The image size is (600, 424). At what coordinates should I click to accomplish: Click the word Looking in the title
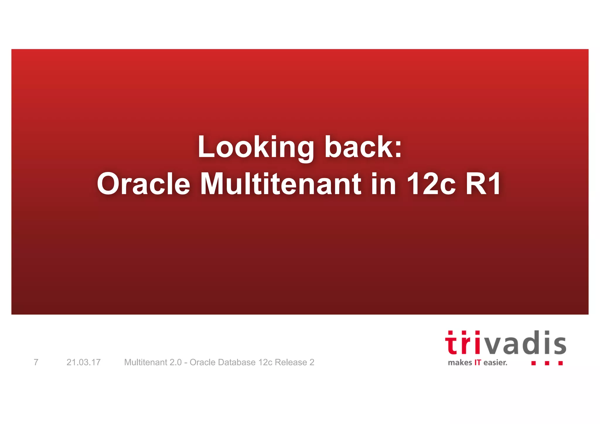tap(256, 147)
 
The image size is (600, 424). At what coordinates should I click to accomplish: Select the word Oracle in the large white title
tap(144, 184)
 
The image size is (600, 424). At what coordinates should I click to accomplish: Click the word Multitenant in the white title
tap(281, 184)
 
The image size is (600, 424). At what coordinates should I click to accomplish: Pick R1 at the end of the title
tap(483, 184)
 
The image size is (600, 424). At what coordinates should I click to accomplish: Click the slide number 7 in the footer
tap(36, 362)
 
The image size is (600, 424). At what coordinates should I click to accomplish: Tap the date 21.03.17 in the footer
tap(83, 362)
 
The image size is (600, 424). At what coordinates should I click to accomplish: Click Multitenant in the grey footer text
tap(146, 362)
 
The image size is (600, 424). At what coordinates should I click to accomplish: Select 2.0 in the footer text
tap(175, 362)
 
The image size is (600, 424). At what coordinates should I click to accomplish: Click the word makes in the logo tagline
tap(460, 363)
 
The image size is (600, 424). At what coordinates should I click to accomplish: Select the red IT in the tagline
tap(478, 363)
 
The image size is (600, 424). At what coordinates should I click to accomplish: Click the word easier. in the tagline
tap(495, 363)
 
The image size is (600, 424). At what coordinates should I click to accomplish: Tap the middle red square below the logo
tap(547, 363)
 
